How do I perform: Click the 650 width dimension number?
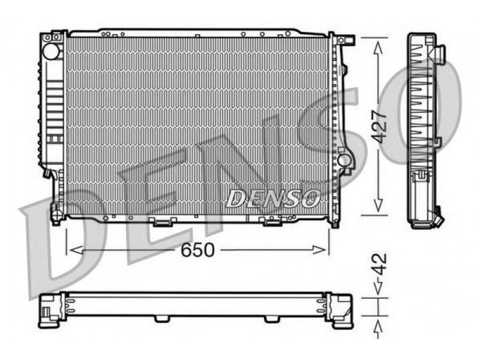coord(197,250)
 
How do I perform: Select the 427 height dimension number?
coord(380,126)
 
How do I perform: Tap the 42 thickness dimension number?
coord(380,265)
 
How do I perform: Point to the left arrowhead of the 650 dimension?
coord(76,250)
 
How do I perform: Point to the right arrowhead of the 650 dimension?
coord(319,250)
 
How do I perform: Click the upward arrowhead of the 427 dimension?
coord(379,48)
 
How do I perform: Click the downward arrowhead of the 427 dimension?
coord(379,205)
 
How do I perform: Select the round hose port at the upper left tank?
coord(51,51)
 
